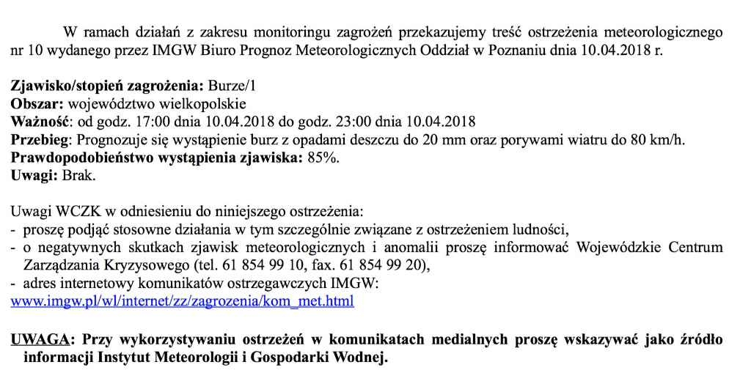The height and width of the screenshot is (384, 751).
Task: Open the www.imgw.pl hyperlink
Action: pos(182,301)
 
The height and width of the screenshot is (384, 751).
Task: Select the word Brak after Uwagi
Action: pos(79,176)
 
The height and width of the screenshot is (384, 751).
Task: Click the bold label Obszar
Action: pos(32,104)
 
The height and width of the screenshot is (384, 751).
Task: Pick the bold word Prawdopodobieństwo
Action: pos(85,158)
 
